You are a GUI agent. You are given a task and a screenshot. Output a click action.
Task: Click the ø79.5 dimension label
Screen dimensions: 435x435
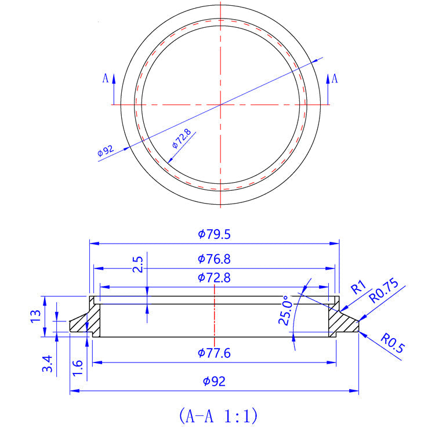tap(214, 234)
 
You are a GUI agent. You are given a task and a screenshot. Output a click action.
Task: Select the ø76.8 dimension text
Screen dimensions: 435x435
tap(214, 259)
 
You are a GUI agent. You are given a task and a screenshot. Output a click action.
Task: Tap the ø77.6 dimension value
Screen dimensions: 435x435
tap(214, 353)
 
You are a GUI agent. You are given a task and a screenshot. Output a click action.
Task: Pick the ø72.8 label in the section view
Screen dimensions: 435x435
tap(214, 277)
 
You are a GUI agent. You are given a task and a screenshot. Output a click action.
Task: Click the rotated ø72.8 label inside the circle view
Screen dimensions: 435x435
tap(181, 139)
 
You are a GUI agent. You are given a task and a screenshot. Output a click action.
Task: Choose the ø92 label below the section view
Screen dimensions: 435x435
tap(214, 381)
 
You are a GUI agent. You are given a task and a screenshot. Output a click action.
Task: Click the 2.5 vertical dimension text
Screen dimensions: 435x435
tap(137, 264)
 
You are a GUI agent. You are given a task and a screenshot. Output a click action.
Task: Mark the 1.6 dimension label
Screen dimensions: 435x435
tap(78, 366)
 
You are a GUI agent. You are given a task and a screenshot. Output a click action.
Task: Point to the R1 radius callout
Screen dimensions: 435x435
tap(358, 287)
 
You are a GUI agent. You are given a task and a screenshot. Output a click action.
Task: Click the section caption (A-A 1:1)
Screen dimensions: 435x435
tap(217, 415)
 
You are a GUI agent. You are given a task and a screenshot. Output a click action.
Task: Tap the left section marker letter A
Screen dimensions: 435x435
tap(105, 78)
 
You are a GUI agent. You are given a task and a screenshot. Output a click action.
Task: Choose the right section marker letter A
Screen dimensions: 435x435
tap(334, 78)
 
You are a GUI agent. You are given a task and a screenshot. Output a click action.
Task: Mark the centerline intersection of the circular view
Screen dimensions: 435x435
tap(220, 104)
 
